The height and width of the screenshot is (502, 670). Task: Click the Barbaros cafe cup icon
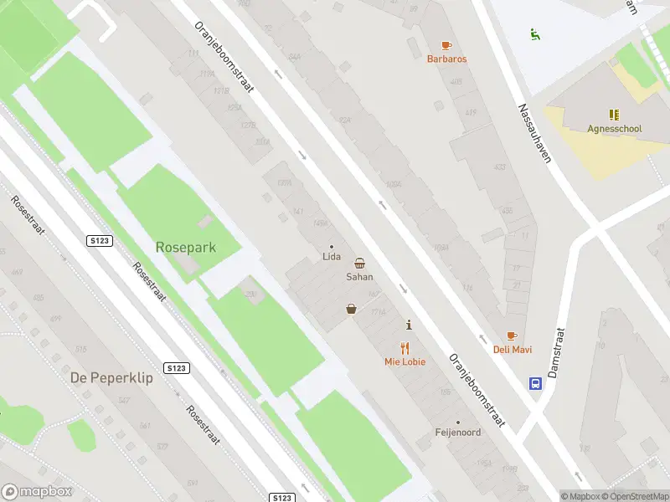pos(446,45)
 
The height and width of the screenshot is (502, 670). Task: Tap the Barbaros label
pos(446,59)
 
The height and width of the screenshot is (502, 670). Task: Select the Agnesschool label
pos(614,129)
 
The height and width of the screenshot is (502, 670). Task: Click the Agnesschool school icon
pos(614,115)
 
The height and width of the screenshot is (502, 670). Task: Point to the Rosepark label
pos(185,247)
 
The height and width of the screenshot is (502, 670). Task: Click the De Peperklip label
pos(111,377)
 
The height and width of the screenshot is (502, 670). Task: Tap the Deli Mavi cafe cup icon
pos(512,336)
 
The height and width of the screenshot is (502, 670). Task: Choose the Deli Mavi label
pos(512,350)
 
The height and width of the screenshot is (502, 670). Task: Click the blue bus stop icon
pos(534,384)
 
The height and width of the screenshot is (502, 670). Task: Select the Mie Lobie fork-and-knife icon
pos(405,348)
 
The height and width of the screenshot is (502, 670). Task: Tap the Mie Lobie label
pos(405,362)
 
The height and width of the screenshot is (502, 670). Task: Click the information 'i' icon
pos(409,325)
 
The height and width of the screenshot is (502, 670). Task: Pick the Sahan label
pos(359,276)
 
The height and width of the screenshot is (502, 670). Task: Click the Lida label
pos(331,257)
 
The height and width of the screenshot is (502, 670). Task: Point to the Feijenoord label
pos(457,433)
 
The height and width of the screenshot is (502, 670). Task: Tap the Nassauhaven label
pos(533,134)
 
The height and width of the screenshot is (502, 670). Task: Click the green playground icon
pos(534,34)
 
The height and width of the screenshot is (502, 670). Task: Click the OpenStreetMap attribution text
pos(634,496)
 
